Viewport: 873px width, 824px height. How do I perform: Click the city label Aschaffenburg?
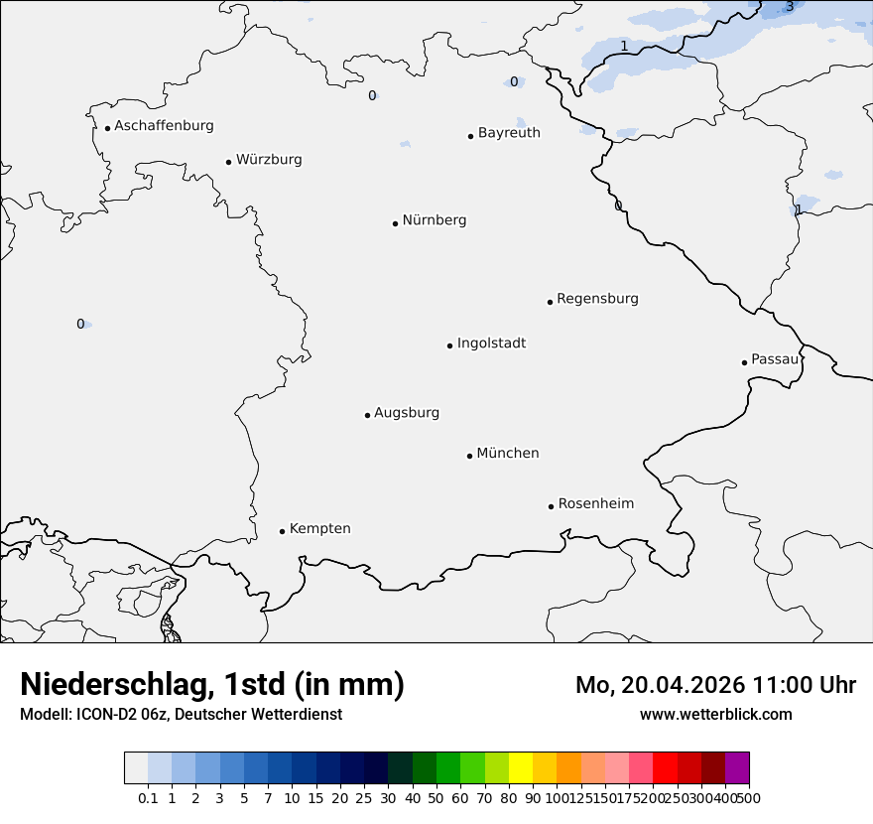tap(164, 126)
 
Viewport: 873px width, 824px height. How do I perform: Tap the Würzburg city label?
tap(269, 160)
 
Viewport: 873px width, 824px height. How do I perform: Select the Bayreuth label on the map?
tap(509, 133)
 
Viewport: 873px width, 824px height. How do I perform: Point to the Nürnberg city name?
tap(435, 220)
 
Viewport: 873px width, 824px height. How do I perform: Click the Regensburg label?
tap(597, 299)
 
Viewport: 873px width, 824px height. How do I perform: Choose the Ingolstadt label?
tap(491, 343)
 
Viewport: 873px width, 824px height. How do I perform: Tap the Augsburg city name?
tap(407, 413)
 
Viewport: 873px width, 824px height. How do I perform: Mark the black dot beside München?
tap(469, 456)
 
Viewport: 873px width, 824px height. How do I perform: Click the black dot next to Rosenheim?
tap(551, 506)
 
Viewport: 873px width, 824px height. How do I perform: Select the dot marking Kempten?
tap(282, 531)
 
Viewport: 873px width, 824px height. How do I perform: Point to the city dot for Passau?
tap(744, 362)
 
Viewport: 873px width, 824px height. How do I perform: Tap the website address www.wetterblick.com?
tap(715, 715)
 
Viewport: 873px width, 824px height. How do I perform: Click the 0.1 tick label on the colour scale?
tap(148, 798)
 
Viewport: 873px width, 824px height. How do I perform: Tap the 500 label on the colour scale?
tap(749, 798)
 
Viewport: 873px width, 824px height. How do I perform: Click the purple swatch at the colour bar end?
tap(737, 768)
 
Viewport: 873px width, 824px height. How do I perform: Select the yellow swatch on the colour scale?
tap(521, 768)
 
